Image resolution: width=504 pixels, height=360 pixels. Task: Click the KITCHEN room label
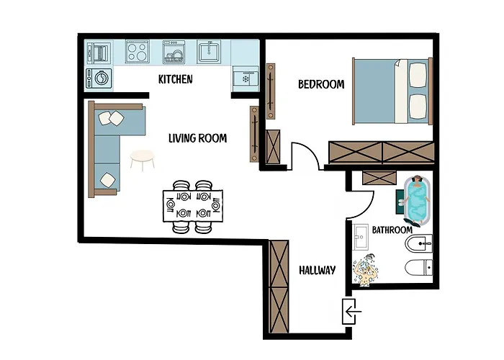pyautogui.click(x=176, y=79)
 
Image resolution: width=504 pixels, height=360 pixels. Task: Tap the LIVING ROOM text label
pyautogui.click(x=198, y=138)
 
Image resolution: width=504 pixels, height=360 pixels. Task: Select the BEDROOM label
pyautogui.click(x=321, y=84)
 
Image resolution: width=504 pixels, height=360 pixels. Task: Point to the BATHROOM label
pyautogui.click(x=392, y=230)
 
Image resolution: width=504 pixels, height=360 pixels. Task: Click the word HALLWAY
pyautogui.click(x=318, y=270)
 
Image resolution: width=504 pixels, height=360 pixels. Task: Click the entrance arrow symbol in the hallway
pyautogui.click(x=353, y=311)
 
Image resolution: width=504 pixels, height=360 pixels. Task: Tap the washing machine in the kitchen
pyautogui.click(x=99, y=78)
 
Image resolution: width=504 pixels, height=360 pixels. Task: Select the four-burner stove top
pyautogui.click(x=138, y=51)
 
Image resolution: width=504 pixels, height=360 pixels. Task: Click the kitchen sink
pyautogui.click(x=209, y=51)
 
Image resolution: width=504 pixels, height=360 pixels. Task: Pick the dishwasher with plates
pyautogui.click(x=174, y=51)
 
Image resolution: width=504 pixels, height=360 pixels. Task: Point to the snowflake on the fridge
pyautogui.click(x=246, y=79)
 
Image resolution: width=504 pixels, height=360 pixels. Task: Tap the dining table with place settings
pyautogui.click(x=193, y=206)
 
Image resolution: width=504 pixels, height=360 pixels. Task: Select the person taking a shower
pyautogui.click(x=366, y=269)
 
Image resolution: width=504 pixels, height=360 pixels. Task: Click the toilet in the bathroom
pyautogui.click(x=418, y=267)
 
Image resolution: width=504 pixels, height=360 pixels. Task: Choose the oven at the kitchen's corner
pyautogui.click(x=99, y=53)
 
